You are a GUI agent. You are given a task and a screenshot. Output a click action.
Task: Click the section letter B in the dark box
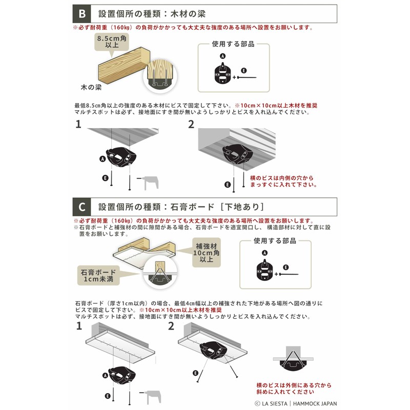[82, 14]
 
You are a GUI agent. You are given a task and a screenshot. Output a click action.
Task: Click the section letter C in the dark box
[82, 207]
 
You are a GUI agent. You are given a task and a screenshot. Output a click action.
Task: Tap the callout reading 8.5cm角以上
[112, 42]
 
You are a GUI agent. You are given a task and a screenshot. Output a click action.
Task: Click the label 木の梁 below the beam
[91, 87]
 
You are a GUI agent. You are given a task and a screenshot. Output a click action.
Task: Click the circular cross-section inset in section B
[160, 76]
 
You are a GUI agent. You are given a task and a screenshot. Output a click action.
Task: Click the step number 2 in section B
[191, 125]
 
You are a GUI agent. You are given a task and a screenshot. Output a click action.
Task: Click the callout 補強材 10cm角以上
[207, 253]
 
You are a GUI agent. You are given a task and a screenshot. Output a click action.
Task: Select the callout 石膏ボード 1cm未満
[98, 276]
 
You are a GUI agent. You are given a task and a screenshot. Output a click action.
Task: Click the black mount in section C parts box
[264, 270]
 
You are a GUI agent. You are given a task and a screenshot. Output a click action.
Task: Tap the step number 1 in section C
[79, 326]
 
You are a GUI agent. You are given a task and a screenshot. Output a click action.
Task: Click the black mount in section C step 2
[213, 351]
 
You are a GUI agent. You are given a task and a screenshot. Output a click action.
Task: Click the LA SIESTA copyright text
[296, 403]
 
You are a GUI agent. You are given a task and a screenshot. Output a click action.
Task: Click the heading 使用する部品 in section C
[275, 241]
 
